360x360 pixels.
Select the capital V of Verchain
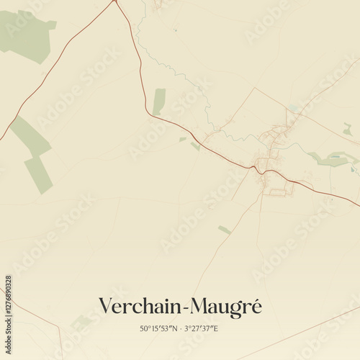coord(105,306)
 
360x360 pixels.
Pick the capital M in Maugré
coord(198,306)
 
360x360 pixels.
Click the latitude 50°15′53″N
coord(158,328)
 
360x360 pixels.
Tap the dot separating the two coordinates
coord(180,328)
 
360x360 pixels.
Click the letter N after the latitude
coord(174,328)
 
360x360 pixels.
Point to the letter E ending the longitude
coord(215,328)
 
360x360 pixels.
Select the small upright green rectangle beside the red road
coord(158,101)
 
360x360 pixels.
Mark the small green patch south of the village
coord(224,230)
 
